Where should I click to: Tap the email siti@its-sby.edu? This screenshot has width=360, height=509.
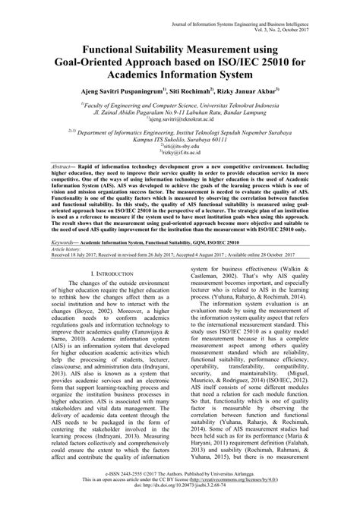click(x=180, y=166)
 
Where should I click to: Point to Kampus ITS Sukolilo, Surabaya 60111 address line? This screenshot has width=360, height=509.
click(x=180, y=159)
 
